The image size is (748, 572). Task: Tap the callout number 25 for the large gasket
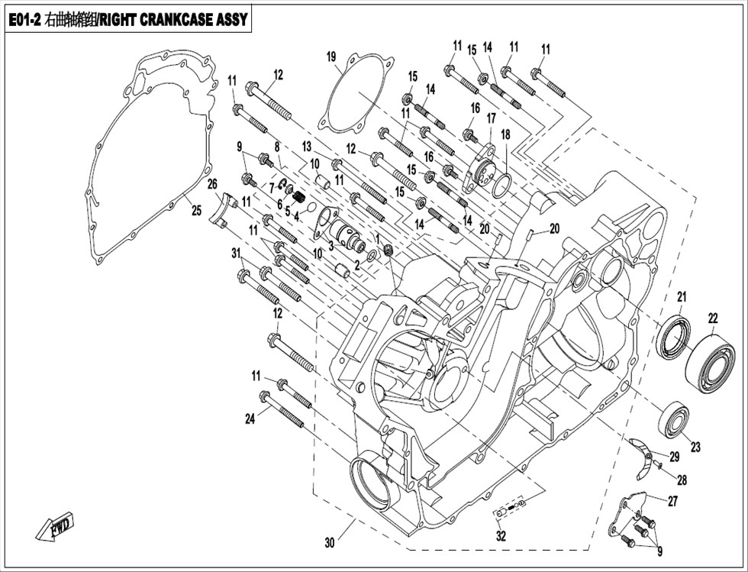click(x=197, y=210)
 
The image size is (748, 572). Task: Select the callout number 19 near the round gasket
click(x=331, y=57)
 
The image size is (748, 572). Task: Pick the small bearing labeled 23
click(x=673, y=418)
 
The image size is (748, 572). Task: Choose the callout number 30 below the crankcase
click(x=330, y=542)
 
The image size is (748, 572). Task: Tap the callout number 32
click(x=501, y=536)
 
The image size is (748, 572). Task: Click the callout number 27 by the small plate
click(x=672, y=501)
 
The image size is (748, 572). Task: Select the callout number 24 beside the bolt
click(x=250, y=418)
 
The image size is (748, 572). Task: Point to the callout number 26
click(x=212, y=183)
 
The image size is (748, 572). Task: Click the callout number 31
click(x=236, y=254)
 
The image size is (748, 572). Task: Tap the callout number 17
click(x=492, y=118)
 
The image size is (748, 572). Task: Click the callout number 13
click(x=306, y=146)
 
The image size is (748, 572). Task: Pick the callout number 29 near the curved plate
click(x=674, y=457)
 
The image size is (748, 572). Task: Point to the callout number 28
click(x=682, y=480)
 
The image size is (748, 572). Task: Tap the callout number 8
click(x=276, y=147)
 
